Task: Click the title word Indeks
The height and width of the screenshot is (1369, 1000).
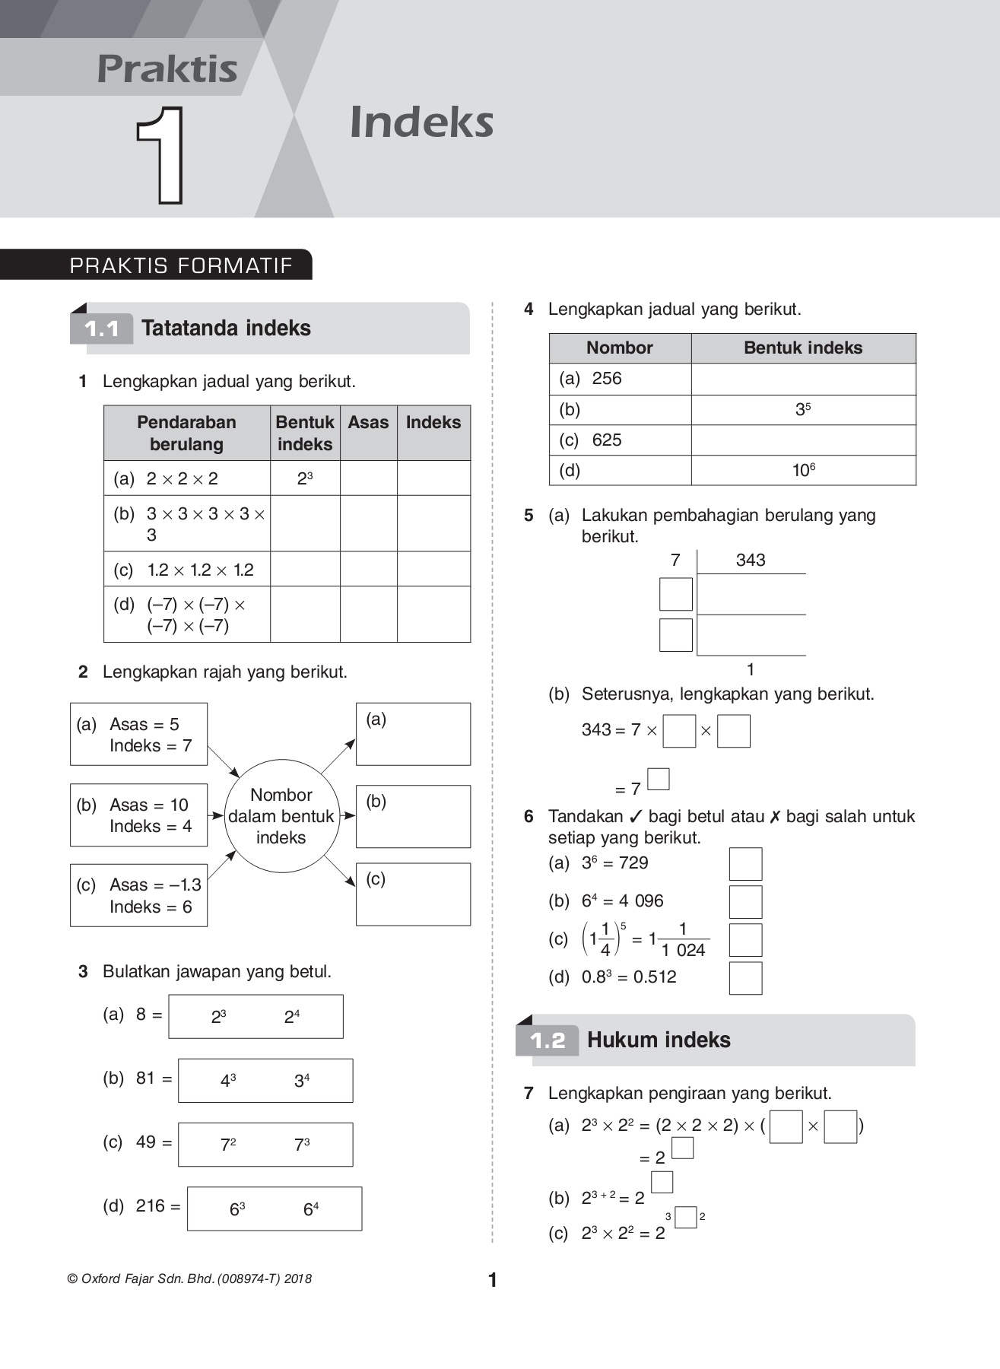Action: pyautogui.click(x=421, y=122)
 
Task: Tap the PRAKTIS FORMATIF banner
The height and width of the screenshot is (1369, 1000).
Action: pyautogui.click(x=181, y=265)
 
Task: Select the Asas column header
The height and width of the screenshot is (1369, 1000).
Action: pyautogui.click(x=368, y=423)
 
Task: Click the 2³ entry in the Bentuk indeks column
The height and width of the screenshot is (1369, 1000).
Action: pyautogui.click(x=305, y=478)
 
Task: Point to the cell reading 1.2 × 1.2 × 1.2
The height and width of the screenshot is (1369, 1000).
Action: pyautogui.click(x=200, y=570)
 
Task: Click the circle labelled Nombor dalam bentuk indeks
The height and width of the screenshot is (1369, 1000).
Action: pyautogui.click(x=281, y=816)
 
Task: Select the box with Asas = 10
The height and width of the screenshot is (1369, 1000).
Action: pyautogui.click(x=138, y=815)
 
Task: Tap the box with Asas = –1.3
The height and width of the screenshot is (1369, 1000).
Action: pyautogui.click(x=138, y=895)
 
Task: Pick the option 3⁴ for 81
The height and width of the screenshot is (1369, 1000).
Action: pyautogui.click(x=302, y=1081)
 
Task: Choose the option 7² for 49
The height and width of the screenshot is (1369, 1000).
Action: pyautogui.click(x=228, y=1145)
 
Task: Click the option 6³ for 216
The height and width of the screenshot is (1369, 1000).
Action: pyautogui.click(x=237, y=1209)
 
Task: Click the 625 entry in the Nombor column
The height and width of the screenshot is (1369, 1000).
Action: pyautogui.click(x=606, y=440)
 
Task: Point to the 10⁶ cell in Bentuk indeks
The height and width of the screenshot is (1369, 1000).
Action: pyautogui.click(x=803, y=471)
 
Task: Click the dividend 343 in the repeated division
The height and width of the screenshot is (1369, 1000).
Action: pyautogui.click(x=750, y=561)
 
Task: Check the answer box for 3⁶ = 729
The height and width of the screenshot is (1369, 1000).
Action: pyautogui.click(x=745, y=865)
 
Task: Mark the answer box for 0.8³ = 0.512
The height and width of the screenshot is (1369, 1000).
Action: pyautogui.click(x=745, y=978)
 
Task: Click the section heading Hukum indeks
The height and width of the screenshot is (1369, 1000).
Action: pyautogui.click(x=659, y=1040)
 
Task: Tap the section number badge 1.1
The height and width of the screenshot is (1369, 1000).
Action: pyautogui.click(x=102, y=329)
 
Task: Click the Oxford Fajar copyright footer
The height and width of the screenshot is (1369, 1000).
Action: pyautogui.click(x=190, y=1279)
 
